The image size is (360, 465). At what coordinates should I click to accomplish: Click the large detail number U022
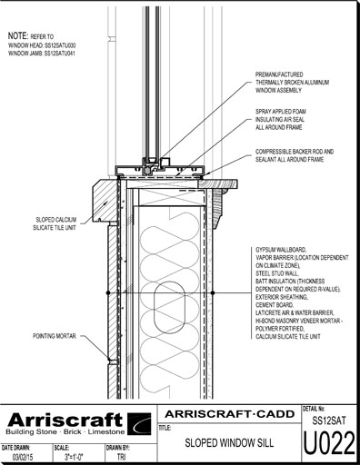329,443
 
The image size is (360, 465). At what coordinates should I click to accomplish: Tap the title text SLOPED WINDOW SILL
229,443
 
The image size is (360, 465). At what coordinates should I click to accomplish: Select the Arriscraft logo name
65,420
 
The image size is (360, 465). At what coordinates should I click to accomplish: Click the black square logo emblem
139,423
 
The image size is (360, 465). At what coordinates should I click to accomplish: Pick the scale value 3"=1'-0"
74,457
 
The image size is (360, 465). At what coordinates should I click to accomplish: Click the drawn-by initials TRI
121,457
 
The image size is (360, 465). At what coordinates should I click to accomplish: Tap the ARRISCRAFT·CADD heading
230,414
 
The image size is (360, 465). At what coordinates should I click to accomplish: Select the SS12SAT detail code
329,420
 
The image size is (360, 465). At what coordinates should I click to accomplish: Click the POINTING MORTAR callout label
55,336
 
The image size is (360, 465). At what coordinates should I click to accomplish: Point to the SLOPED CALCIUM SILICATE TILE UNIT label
55,223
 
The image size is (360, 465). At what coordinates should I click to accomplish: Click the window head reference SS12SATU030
60,45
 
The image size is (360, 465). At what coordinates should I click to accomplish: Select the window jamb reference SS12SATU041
60,54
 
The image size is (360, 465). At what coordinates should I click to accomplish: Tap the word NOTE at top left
18,35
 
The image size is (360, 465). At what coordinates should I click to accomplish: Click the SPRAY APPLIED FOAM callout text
280,119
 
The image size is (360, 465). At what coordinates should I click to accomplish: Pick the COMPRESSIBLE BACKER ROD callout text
295,155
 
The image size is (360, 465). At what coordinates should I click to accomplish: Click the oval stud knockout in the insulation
169,307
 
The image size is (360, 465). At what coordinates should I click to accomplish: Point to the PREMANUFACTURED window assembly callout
292,82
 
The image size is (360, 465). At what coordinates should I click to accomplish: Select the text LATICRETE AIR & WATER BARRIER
295,312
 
